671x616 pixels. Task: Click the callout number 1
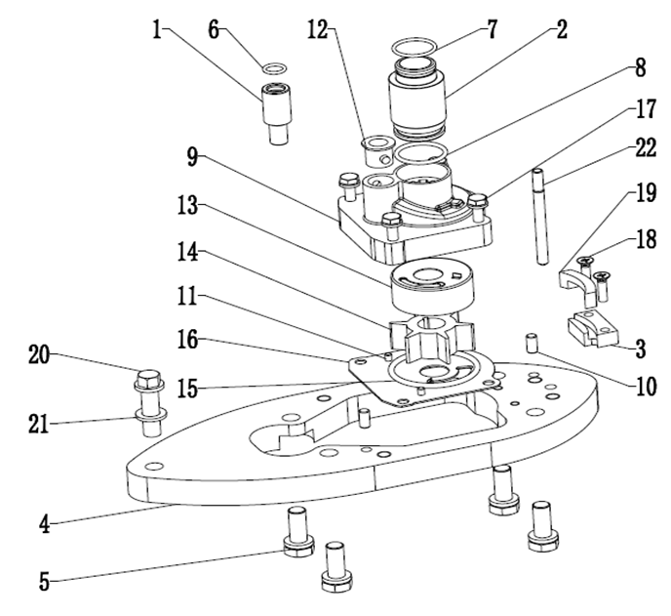click(156, 28)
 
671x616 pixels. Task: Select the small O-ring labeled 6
click(276, 68)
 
